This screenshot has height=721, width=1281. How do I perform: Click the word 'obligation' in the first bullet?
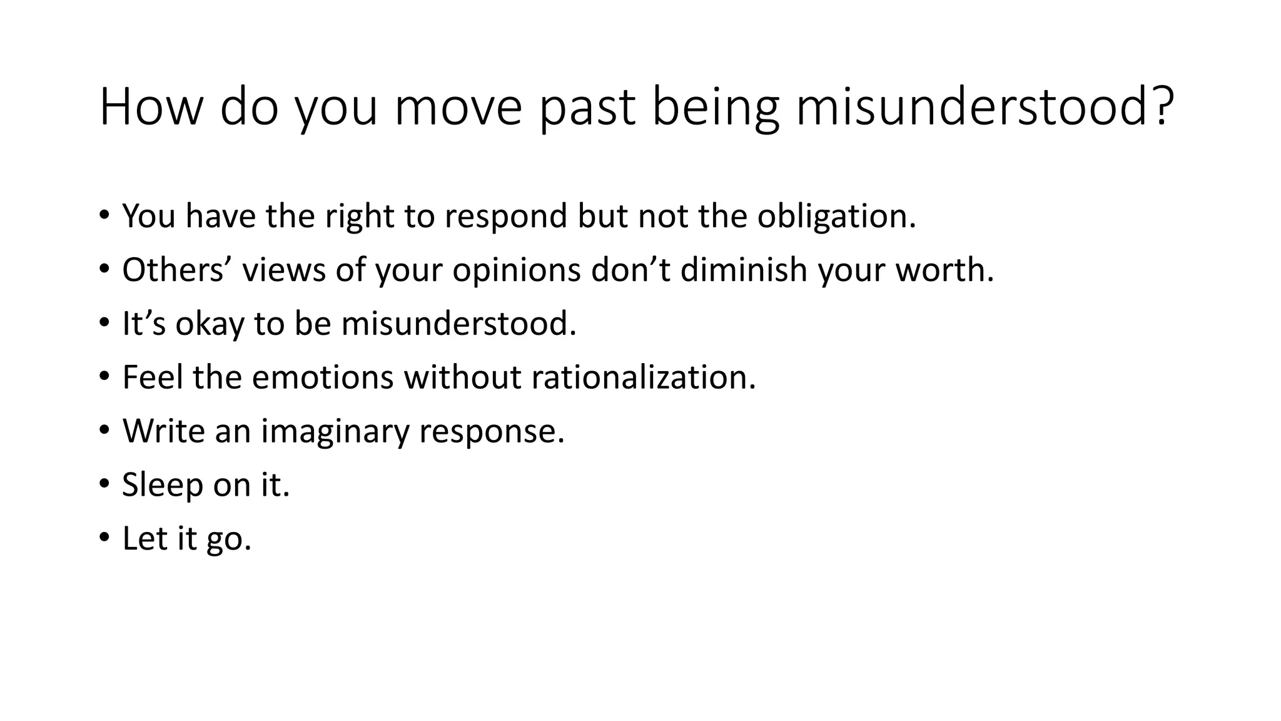point(836,216)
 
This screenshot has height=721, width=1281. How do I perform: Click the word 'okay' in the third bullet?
point(209,324)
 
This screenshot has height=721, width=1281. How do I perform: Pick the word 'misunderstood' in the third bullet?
point(458,324)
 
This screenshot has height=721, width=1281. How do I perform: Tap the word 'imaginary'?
point(334,431)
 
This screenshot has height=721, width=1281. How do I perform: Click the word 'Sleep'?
point(162,485)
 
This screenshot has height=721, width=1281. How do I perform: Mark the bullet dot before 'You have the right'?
point(104,216)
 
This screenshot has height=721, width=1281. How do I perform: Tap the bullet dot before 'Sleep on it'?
point(104,485)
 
